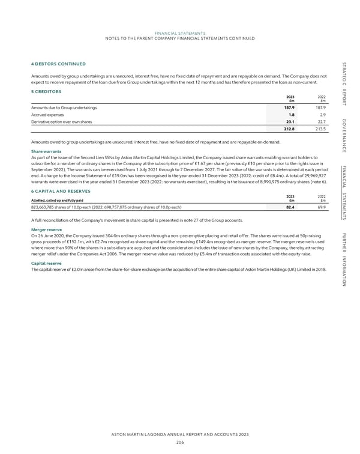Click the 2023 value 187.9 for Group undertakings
287,107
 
